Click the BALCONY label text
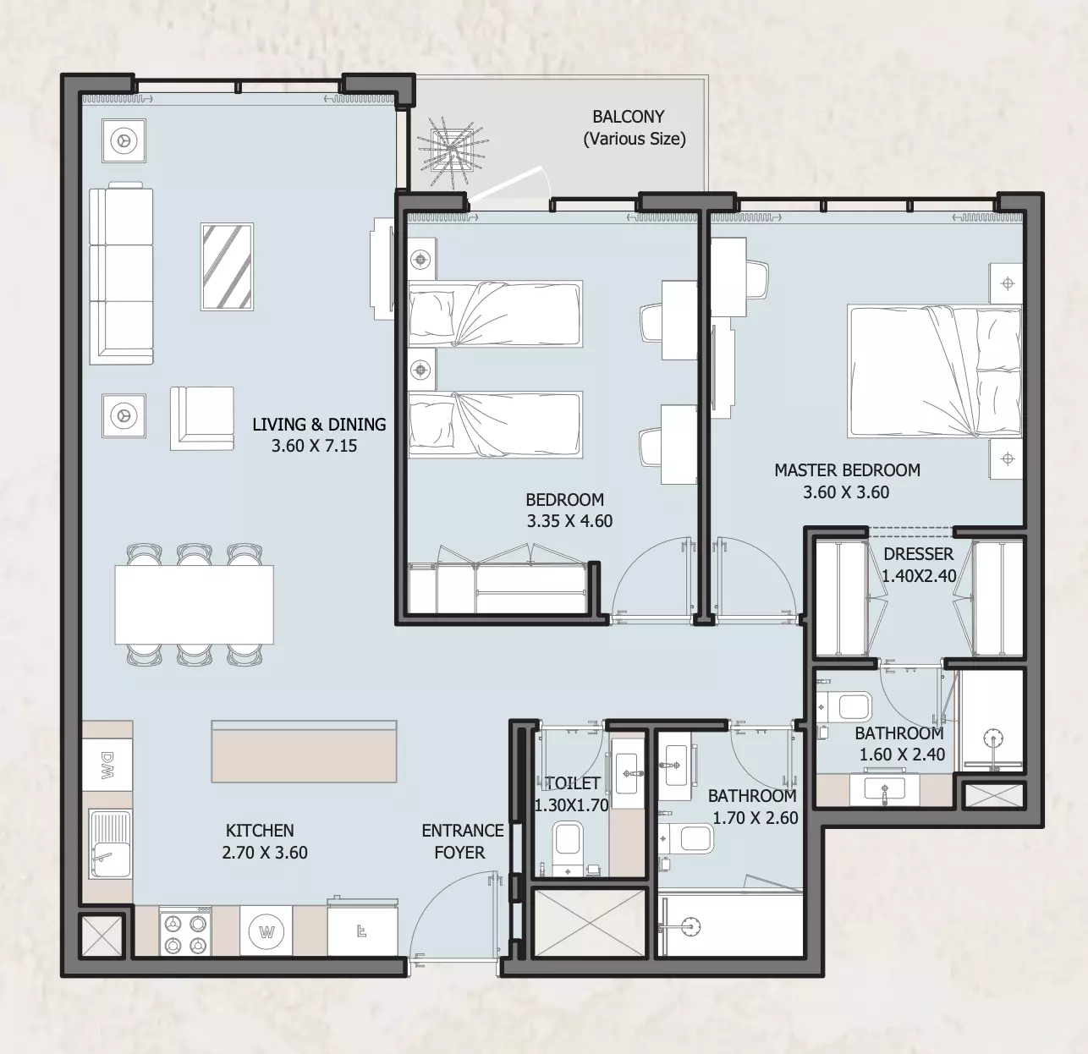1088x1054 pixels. click(629, 117)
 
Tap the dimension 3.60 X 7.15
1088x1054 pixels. click(314, 446)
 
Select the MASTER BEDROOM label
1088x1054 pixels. click(847, 470)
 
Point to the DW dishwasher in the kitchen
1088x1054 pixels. click(107, 765)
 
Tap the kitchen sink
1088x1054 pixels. click(111, 845)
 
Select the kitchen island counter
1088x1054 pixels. click(304, 751)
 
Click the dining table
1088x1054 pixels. click(194, 605)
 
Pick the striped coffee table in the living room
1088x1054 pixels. click(227, 266)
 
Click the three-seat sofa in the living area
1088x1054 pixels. click(121, 273)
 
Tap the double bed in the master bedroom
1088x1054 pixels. click(934, 371)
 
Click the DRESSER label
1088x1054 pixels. click(918, 554)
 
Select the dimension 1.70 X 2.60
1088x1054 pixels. click(756, 818)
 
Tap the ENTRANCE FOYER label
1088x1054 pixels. click(463, 842)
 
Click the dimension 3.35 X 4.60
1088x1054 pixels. click(569, 521)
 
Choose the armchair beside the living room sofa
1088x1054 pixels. click(202, 418)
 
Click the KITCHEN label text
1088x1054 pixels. click(260, 831)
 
